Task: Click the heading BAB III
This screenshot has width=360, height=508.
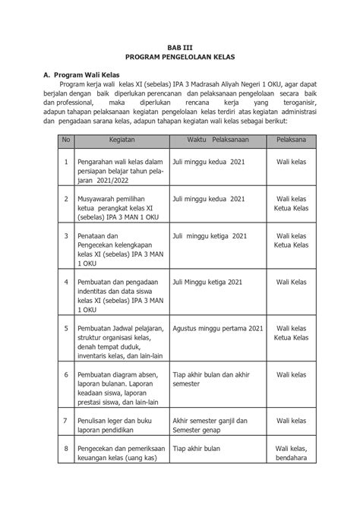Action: [x=180, y=46]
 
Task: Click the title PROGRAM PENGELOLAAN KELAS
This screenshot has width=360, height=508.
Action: [x=180, y=58]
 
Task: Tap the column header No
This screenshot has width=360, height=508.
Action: [x=66, y=140]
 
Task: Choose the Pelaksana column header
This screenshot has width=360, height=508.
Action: [x=292, y=140]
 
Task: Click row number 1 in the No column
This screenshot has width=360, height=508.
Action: [x=66, y=162]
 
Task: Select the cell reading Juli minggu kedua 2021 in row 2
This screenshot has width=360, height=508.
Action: [x=209, y=199]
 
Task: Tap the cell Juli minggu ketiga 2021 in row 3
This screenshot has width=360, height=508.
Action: [x=210, y=236]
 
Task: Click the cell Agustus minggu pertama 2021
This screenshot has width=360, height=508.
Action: [x=218, y=328]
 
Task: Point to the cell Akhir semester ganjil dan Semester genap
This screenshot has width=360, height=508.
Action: [x=210, y=426]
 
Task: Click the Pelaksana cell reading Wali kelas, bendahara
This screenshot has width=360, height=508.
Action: [x=292, y=453]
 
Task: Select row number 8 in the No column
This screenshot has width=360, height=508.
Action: [x=66, y=449]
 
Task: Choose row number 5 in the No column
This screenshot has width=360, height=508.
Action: [x=66, y=328]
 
